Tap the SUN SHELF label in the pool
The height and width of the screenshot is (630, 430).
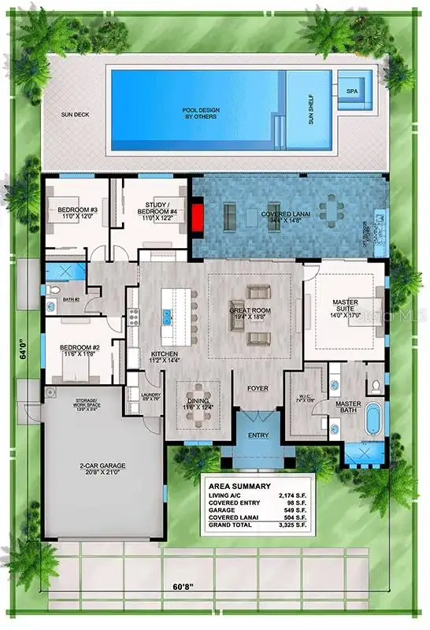click(308, 110)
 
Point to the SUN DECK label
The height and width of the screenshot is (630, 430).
click(76, 114)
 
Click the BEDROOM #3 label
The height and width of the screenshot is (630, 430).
click(77, 211)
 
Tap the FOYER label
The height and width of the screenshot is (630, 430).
click(258, 388)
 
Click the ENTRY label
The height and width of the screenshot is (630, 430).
click(258, 435)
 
